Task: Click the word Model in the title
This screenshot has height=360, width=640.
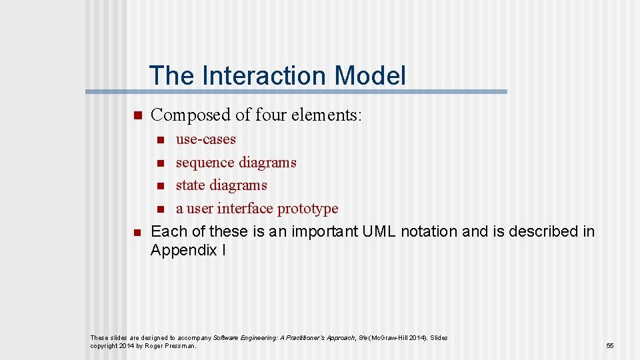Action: pyautogui.click(x=370, y=75)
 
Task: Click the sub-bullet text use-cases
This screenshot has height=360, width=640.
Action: pyautogui.click(x=205, y=139)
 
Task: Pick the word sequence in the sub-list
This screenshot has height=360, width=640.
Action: pyautogui.click(x=202, y=163)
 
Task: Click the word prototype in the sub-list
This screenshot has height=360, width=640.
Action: pyautogui.click(x=307, y=209)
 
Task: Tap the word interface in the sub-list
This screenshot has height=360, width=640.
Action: pyautogui.click(x=245, y=209)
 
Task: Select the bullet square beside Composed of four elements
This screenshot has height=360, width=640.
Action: pyautogui.click(x=137, y=115)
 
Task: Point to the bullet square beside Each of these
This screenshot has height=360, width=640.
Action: pyautogui.click(x=137, y=232)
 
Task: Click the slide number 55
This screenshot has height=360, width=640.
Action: pyautogui.click(x=609, y=346)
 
